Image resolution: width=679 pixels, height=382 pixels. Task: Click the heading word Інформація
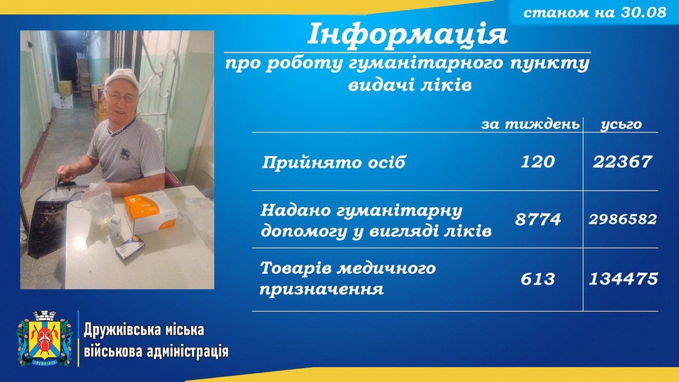407,34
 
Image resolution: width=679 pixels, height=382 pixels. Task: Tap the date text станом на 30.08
594,12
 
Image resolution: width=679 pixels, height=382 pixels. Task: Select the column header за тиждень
530,124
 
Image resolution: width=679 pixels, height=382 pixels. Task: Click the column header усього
621,125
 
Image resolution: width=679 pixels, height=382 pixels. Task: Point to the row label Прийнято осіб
333,162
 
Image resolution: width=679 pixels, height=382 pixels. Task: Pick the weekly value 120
538,162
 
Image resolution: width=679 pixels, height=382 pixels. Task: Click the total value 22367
622,162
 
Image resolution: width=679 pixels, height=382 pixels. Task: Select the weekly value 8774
538,220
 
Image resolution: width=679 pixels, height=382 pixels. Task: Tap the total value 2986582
623,220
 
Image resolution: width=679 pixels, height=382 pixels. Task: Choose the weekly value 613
538,279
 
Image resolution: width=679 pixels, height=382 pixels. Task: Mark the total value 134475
623,279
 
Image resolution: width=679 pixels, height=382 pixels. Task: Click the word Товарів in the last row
296,268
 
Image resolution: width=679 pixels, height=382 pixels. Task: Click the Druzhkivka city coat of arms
45,338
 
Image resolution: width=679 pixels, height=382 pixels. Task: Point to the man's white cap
122,79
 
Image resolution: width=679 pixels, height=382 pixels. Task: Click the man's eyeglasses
121,98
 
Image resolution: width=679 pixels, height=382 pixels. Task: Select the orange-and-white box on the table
151,213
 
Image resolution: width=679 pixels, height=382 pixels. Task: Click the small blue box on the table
129,248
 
